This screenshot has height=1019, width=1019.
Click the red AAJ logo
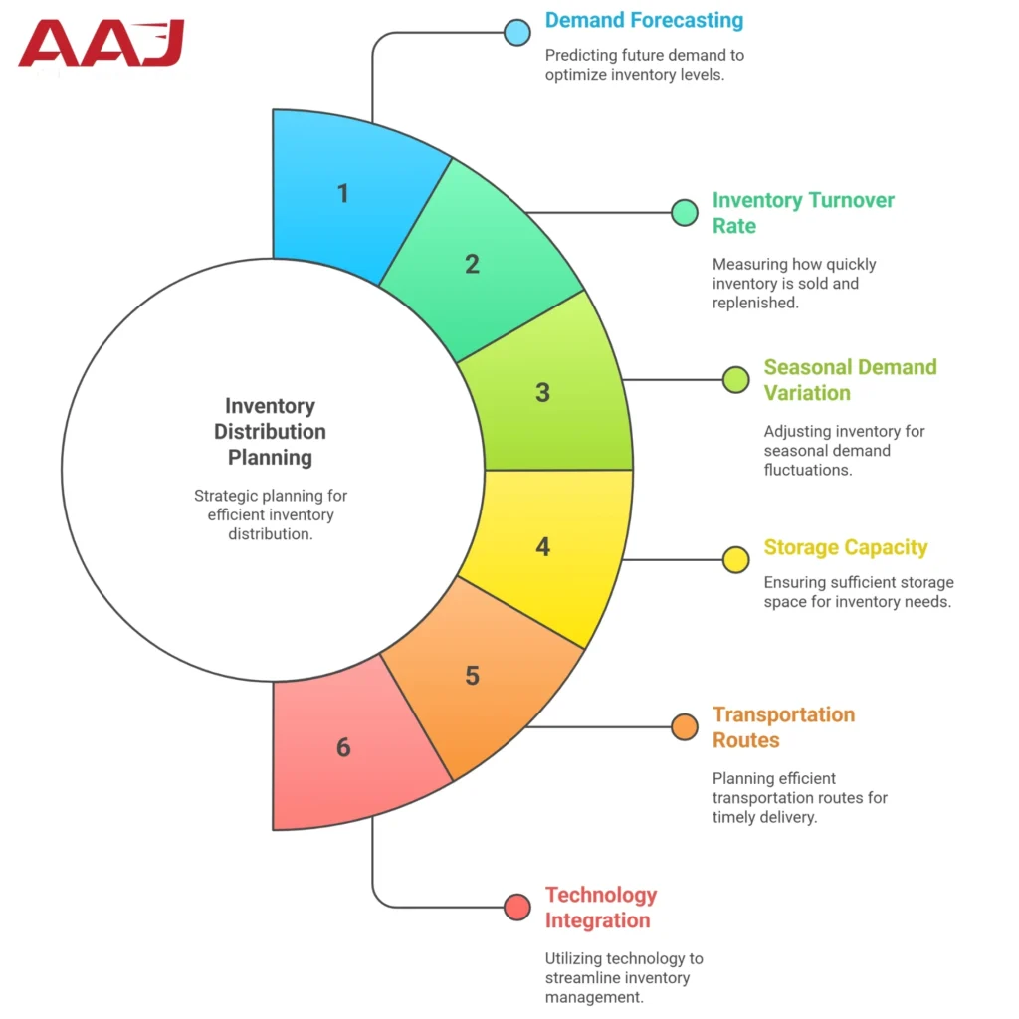102,45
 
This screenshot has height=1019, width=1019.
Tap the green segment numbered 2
473,264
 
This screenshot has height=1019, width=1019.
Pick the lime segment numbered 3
543,392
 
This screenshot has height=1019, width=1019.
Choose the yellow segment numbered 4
543,546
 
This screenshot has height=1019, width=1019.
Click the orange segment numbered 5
473,676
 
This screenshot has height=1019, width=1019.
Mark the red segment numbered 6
343,746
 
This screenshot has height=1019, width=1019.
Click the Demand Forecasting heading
644,20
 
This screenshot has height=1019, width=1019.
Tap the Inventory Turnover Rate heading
803,213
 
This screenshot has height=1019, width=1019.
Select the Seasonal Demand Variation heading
850,380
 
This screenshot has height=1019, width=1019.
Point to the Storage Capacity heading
845,547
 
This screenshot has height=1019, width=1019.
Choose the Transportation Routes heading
783,727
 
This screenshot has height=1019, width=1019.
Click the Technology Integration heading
601,908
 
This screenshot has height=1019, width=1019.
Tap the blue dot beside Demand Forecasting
516,32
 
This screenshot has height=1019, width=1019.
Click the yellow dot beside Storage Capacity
736,559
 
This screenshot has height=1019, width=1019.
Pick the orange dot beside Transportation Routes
684,727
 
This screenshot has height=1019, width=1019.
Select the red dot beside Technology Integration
516,907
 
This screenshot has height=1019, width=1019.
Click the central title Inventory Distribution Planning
270,432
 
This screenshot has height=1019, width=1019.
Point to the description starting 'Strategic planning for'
270,514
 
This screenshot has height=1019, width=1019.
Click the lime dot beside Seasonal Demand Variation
736,379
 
